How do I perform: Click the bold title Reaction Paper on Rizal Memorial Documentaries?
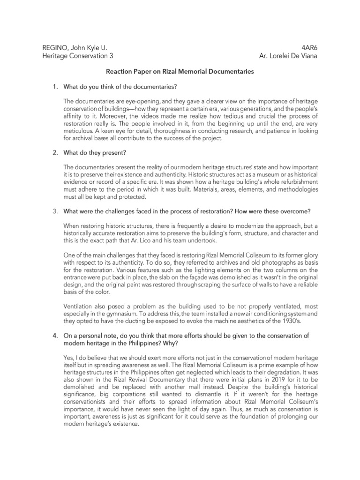point(180,72)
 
